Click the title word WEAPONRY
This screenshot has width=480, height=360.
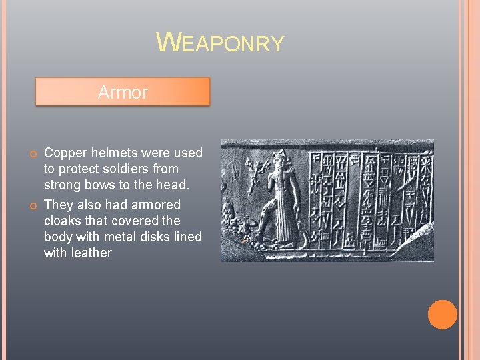(220, 43)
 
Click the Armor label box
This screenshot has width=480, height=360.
(123, 92)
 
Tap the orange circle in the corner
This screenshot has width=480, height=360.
(442, 315)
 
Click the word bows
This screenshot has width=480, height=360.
(102, 185)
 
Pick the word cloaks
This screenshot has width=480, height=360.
(63, 221)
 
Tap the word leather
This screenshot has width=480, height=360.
(91, 253)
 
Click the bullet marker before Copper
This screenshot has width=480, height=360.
(33, 154)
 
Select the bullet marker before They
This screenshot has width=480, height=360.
(33, 206)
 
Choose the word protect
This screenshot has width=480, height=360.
(80, 169)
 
